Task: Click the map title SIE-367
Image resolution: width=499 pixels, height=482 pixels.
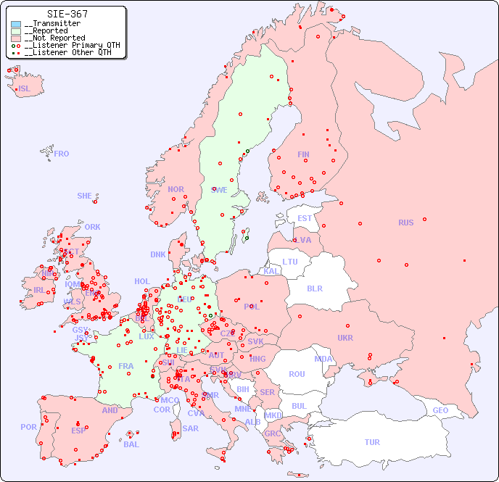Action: [x=67, y=14]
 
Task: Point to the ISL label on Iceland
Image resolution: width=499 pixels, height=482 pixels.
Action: [x=25, y=89]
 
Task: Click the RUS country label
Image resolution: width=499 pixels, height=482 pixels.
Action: [x=405, y=223]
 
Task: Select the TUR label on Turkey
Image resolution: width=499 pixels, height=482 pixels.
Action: [x=372, y=442]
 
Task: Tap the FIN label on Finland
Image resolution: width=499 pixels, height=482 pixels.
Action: [x=303, y=154]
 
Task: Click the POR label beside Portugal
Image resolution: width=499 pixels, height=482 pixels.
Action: [x=28, y=427]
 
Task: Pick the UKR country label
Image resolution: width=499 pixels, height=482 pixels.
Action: [x=345, y=338]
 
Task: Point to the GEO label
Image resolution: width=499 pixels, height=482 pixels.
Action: [x=440, y=410]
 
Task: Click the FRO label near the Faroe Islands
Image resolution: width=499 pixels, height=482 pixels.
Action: [x=62, y=154]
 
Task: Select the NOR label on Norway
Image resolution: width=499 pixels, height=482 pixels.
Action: [x=176, y=189]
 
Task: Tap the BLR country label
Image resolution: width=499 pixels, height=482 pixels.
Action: [x=314, y=288]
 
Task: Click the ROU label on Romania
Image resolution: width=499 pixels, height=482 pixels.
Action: [x=297, y=374]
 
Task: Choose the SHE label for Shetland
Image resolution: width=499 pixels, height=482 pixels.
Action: [x=85, y=196]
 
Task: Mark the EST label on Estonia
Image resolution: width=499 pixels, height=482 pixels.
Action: [x=305, y=218]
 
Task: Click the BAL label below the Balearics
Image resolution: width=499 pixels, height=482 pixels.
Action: [x=131, y=444]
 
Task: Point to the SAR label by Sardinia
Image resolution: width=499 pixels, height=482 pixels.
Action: [x=190, y=428]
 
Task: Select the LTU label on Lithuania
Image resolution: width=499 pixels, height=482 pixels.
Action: [x=290, y=262]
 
